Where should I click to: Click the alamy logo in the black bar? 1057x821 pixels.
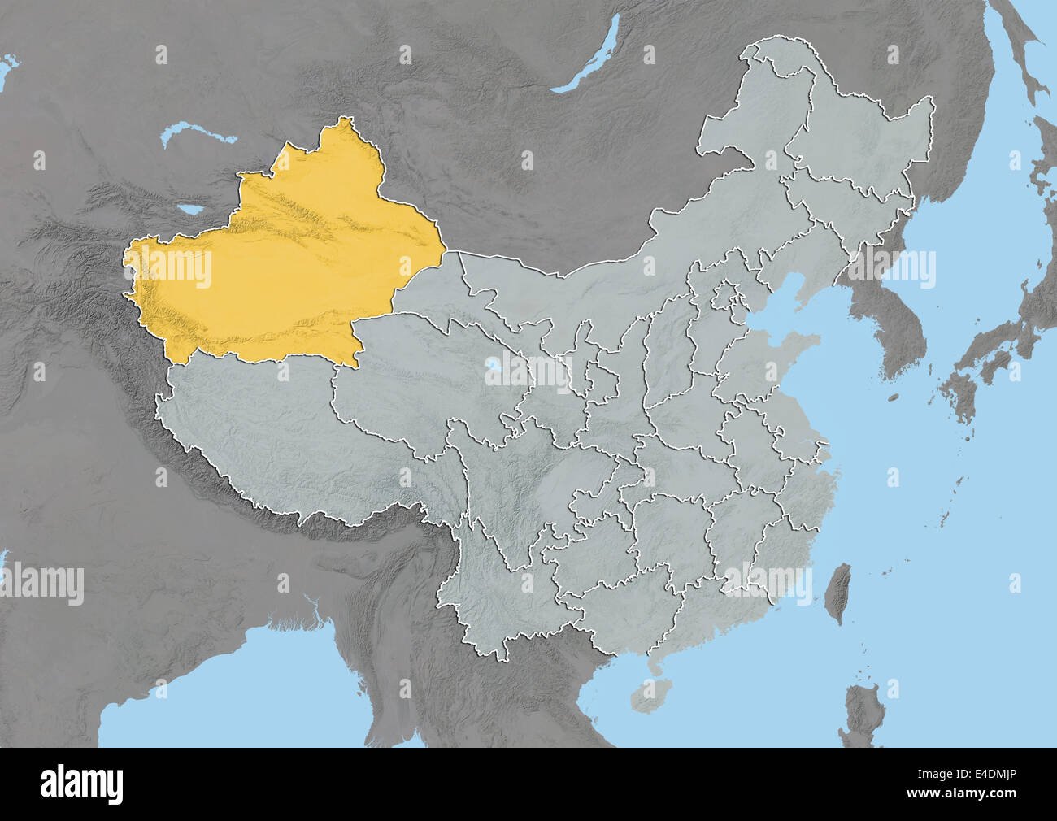pos(81,784)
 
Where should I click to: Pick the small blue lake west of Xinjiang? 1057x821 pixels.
pos(193,210)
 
